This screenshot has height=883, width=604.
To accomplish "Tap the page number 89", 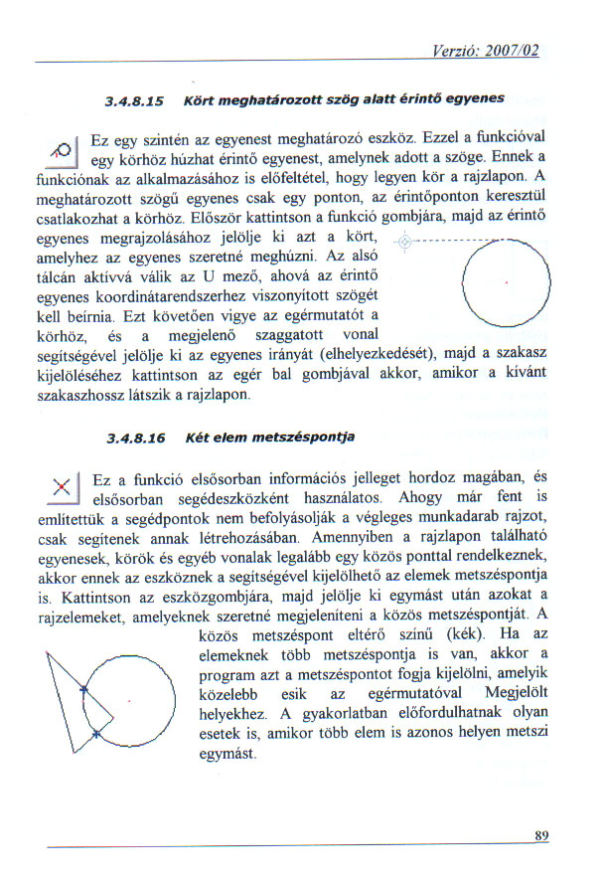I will (x=541, y=836).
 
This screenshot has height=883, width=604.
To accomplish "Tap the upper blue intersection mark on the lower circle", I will (x=83, y=688).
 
